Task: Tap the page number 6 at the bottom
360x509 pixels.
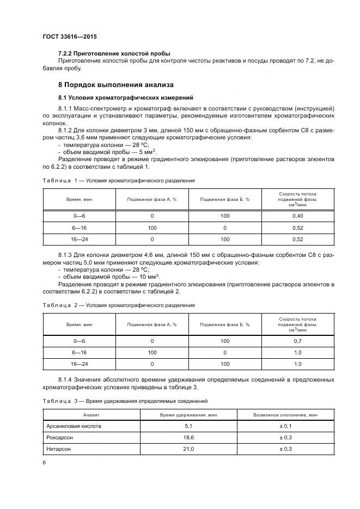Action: pos(44,462)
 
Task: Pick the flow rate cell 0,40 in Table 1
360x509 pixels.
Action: pos(297,216)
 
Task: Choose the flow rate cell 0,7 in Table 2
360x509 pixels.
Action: pos(297,341)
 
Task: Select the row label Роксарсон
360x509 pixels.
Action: pos(59,437)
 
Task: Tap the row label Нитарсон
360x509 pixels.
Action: pos(59,449)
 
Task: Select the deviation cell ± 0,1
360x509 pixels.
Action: pos(285,426)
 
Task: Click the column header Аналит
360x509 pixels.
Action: pos(91,414)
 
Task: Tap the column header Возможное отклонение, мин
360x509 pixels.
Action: pos(285,414)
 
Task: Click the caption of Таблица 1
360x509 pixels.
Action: pos(118,180)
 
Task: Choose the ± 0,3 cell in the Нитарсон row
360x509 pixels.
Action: pos(285,449)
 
